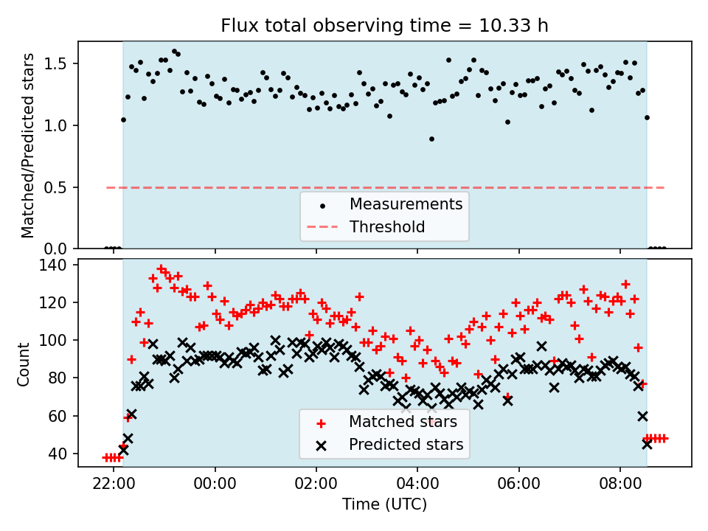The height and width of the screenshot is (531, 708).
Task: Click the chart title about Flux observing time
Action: [x=384, y=27]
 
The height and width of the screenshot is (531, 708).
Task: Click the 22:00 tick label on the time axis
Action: [x=114, y=487]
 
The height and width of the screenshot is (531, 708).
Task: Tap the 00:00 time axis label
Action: [x=215, y=487]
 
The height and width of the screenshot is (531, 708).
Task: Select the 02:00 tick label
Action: [x=316, y=487]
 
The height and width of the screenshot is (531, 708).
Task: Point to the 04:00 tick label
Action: [x=417, y=487]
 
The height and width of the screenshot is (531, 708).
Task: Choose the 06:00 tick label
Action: [x=518, y=487]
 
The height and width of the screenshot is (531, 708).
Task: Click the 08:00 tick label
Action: [x=619, y=487]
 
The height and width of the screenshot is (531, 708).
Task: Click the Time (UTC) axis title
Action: [x=384, y=505]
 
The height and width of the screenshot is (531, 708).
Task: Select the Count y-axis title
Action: [x=24, y=364]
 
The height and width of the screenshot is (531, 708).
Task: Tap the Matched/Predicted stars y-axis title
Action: [x=28, y=145]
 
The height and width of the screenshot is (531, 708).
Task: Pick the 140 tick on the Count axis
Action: [x=58, y=265]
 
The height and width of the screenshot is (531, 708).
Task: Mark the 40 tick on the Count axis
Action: [x=61, y=454]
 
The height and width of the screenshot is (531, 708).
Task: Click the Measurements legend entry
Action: [x=406, y=204]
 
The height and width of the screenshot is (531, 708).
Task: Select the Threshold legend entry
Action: [x=387, y=227]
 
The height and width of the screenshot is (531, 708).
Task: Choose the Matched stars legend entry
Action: [x=403, y=423]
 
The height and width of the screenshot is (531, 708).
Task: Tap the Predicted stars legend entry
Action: [x=406, y=445]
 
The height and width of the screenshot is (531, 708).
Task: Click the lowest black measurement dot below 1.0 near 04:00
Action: [x=431, y=139]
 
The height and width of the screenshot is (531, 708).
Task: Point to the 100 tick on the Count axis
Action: [x=58, y=340]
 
